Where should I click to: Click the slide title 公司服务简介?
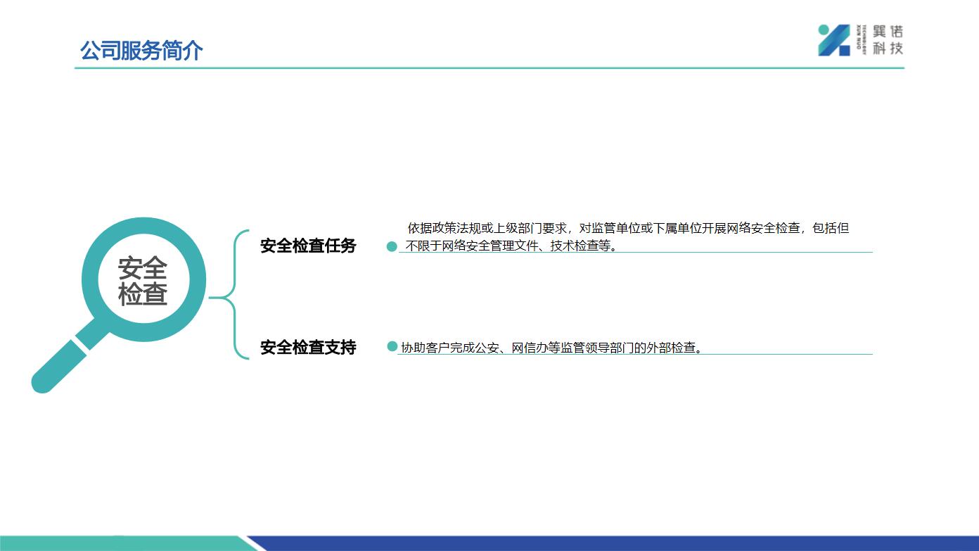click(141, 50)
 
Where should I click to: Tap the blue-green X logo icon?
click(834, 40)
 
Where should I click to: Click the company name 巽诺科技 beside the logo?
click(888, 40)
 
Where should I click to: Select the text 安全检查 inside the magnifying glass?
click(143, 280)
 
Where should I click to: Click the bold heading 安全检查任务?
click(308, 246)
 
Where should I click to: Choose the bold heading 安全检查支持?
click(308, 347)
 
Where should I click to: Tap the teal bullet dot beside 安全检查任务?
click(392, 246)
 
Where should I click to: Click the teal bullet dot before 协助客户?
click(392, 347)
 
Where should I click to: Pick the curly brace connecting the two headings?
click(235, 295)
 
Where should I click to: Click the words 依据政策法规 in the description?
click(444, 228)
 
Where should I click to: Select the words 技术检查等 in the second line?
click(580, 246)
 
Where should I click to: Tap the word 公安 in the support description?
click(487, 348)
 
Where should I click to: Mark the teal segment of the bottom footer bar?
click(127, 543)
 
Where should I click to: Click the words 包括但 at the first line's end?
click(831, 228)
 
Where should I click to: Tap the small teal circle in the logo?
click(824, 30)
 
